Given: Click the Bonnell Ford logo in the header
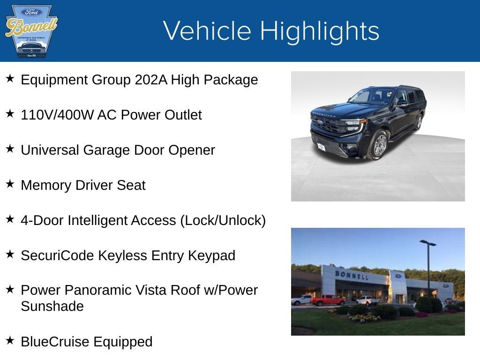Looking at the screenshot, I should click(x=31, y=31).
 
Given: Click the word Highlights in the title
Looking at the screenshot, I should click(x=319, y=31).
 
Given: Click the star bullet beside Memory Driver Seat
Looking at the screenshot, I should click(x=10, y=184).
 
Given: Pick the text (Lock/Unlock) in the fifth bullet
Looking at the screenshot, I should click(x=223, y=220).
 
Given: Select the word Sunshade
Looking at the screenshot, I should click(x=52, y=306).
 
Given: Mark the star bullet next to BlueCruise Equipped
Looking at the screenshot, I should click(x=10, y=341).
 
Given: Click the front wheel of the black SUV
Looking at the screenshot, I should click(x=379, y=145).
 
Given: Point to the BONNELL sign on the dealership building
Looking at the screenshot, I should click(x=351, y=275).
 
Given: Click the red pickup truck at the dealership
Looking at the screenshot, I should click(x=328, y=300).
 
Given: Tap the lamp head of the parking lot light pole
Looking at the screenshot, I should click(x=428, y=243).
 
